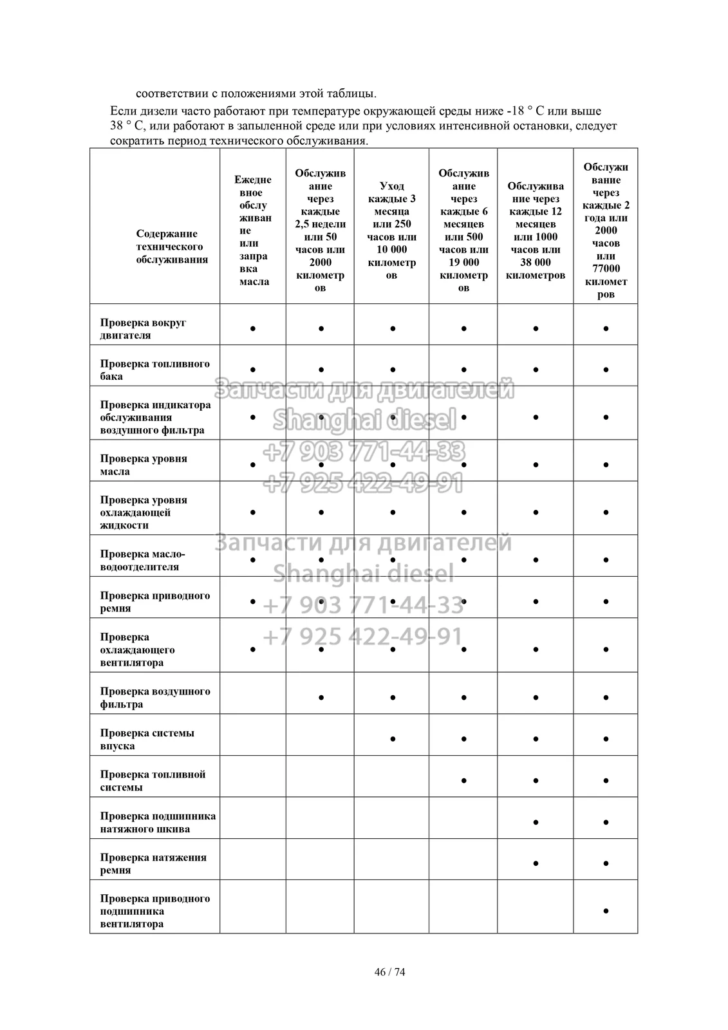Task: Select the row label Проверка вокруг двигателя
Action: point(143,328)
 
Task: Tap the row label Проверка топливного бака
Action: point(154,370)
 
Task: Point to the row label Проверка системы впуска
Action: point(147,739)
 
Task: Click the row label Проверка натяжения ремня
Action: point(153,863)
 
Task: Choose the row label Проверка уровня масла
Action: point(144,465)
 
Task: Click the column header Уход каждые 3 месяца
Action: point(391,230)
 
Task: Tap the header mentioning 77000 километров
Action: point(606,230)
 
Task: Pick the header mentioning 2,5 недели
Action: point(320,230)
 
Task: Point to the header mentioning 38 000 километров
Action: point(536,230)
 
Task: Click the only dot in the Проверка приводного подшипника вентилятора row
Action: point(606,911)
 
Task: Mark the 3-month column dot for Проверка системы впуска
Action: point(392,738)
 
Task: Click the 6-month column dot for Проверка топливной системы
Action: point(463,780)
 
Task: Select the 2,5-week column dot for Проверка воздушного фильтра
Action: point(321,697)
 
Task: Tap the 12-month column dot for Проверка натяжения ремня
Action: point(536,863)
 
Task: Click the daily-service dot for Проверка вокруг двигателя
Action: point(253,328)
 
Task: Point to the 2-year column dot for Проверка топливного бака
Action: point(606,370)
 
